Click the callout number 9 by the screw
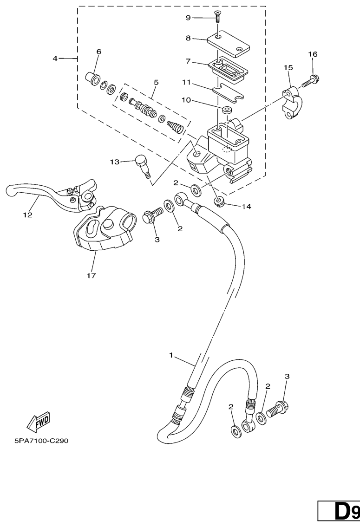pyautogui.click(x=188, y=18)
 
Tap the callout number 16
pyautogui.click(x=313, y=54)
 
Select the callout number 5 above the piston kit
pyautogui.click(x=156, y=82)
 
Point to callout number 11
pyautogui.click(x=186, y=82)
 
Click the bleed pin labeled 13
pyautogui.click(x=142, y=166)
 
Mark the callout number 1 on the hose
pyautogui.click(x=171, y=355)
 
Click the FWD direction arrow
pyautogui.click(x=38, y=420)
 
